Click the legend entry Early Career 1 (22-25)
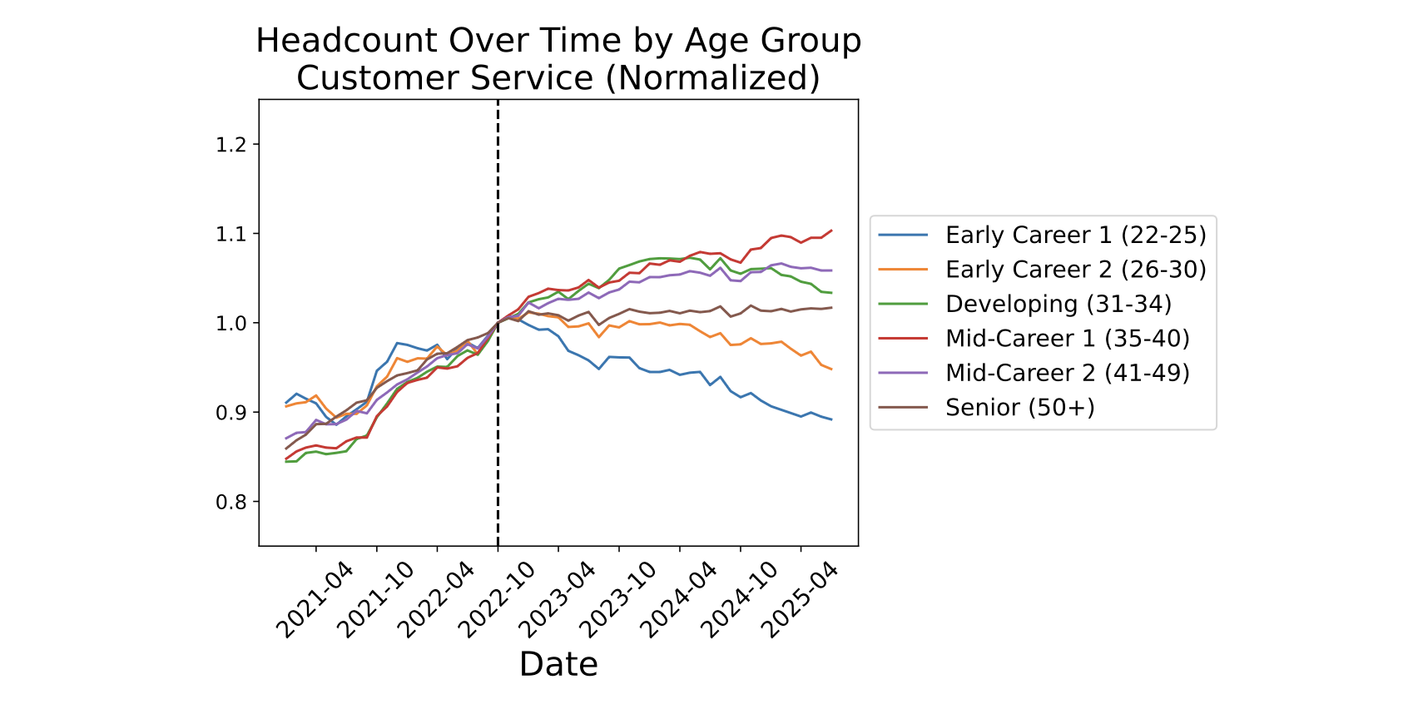click(1075, 236)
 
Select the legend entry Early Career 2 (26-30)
click(1075, 270)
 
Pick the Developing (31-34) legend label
click(1058, 305)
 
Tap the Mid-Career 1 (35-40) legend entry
click(1067, 339)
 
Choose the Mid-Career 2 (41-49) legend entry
click(1067, 373)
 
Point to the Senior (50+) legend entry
click(1019, 408)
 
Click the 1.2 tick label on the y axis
click(232, 145)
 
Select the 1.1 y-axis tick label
click(232, 234)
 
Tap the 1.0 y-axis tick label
click(232, 323)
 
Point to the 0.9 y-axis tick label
click(232, 413)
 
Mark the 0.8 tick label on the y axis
click(232, 502)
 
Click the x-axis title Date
click(558, 665)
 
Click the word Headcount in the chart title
click(346, 41)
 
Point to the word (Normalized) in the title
click(712, 78)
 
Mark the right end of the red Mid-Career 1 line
click(831, 231)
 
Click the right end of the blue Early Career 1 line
click(831, 419)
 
